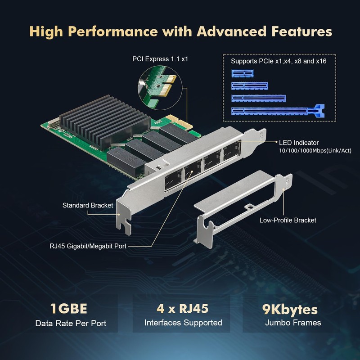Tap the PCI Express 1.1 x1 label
click(x=160, y=58)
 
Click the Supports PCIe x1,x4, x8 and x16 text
click(x=279, y=61)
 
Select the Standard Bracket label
click(x=88, y=206)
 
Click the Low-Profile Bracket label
click(x=288, y=220)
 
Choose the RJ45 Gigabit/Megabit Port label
click(x=88, y=246)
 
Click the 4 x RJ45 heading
click(x=183, y=309)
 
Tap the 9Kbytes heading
click(x=290, y=309)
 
